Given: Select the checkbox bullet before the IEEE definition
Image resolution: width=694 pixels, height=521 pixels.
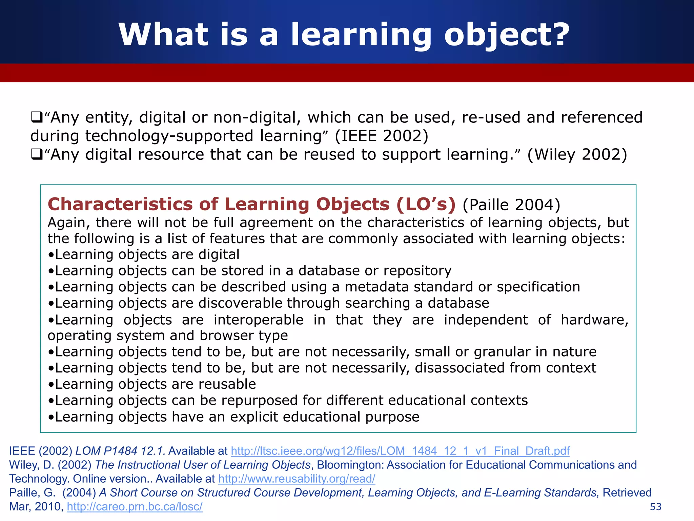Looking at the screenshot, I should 36,117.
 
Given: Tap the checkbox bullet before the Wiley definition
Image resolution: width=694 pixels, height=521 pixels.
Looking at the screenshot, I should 36,155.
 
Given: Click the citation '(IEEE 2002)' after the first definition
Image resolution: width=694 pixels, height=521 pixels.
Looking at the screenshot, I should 382,136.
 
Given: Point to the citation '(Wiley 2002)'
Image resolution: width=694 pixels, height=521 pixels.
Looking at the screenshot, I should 577,155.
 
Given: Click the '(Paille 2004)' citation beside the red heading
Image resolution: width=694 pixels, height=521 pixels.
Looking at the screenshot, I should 511,205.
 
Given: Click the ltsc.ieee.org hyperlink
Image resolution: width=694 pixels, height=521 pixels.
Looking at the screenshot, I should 400,451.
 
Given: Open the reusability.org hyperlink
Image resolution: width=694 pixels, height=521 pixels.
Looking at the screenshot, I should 297,479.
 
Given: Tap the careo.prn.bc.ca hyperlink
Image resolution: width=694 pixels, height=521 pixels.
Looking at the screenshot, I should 135,506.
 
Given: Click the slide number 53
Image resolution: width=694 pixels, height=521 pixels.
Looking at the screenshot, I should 656,507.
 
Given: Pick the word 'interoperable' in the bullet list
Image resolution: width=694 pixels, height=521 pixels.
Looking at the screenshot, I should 259,320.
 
